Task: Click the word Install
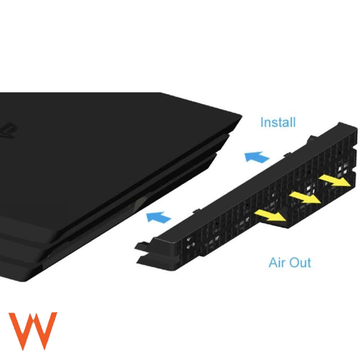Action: tap(278, 122)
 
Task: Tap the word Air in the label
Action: tap(277, 262)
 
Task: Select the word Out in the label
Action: tap(301, 262)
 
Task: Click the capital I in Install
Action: tap(262, 122)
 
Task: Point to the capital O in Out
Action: tap(294, 262)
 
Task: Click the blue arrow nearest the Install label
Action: tap(256, 157)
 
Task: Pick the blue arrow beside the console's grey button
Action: tap(158, 217)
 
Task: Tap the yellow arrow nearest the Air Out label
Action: tap(270, 215)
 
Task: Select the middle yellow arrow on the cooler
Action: tap(305, 198)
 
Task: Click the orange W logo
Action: tap(33, 331)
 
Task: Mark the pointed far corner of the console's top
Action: tap(242, 116)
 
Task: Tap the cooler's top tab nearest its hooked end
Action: tap(197, 210)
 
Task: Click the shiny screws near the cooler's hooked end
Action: tap(189, 243)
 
